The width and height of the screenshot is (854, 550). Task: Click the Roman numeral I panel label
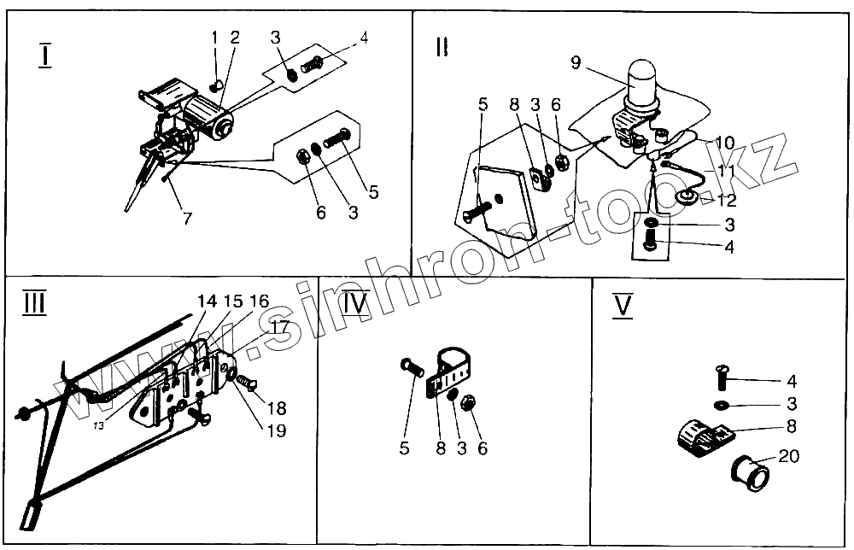coord(45,56)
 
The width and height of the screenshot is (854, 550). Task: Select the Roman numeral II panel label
coord(441,48)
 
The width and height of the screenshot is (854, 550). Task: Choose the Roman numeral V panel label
coord(623,305)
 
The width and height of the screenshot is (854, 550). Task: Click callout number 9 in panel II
coord(575,62)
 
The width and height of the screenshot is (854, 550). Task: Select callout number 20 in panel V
coord(789,457)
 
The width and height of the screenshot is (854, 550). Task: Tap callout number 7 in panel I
coord(187,219)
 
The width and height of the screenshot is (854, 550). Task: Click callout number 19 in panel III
coord(275,430)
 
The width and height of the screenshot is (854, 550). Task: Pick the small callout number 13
coord(100,426)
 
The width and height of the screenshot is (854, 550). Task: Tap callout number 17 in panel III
coord(279,326)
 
